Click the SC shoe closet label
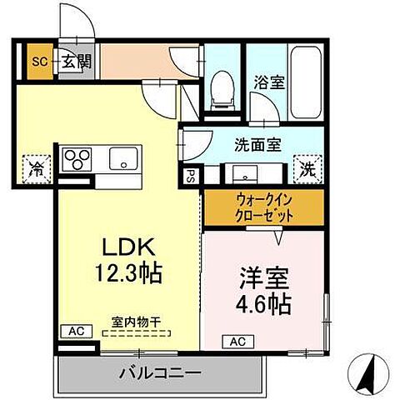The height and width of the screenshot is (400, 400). tap(38, 61)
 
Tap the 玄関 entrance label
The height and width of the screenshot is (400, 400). tap(69, 61)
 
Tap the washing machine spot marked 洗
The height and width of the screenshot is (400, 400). tap(308, 169)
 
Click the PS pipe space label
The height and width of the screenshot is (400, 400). tap(190, 177)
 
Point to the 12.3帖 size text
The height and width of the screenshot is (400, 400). tap(129, 272)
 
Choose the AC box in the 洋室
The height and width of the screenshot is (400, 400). tap(237, 342)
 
